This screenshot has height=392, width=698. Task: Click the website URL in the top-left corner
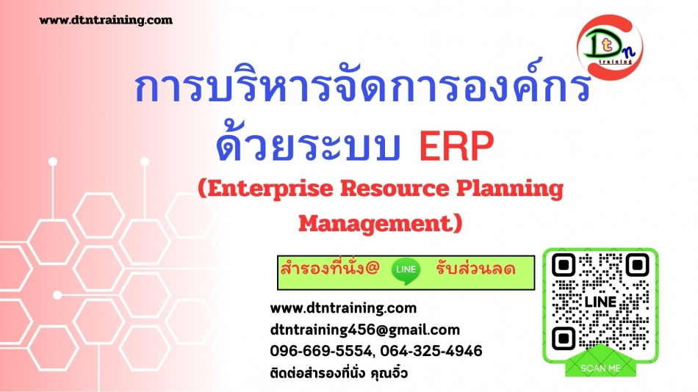[x=106, y=20]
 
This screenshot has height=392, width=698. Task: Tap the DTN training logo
[x=610, y=47]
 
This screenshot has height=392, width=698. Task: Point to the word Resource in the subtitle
[x=395, y=189]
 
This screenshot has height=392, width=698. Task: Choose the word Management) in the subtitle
[x=380, y=223]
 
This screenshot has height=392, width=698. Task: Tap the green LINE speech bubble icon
[x=406, y=271]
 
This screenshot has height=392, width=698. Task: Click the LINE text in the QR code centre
[x=600, y=302]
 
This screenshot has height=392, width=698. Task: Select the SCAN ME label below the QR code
[x=600, y=368]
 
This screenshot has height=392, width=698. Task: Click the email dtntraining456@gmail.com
[x=365, y=330]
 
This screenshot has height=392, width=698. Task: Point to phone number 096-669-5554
[x=320, y=351]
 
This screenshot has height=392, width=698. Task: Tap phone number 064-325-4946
[x=431, y=351]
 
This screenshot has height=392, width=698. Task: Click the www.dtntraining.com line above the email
[x=343, y=308]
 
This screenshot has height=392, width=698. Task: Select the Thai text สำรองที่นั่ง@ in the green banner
[x=329, y=268]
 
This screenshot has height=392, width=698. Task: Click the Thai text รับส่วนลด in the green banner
[x=475, y=269]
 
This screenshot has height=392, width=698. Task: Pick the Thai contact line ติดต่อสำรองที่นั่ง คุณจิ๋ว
[x=339, y=372]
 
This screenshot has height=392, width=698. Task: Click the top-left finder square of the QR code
[x=564, y=265]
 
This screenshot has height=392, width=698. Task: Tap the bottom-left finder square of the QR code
[x=564, y=338]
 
